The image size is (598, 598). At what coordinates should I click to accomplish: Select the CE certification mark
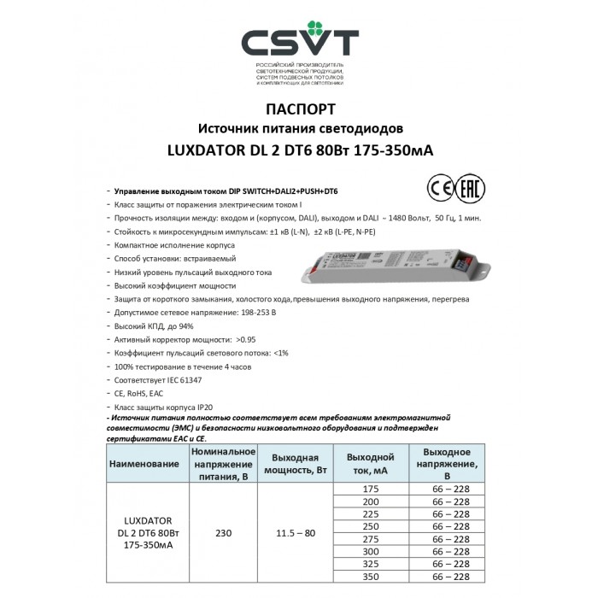pos(437,188)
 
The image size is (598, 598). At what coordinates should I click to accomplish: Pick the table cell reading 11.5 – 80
pos(294,533)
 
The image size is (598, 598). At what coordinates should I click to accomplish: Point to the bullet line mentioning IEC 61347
pos(162,378)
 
